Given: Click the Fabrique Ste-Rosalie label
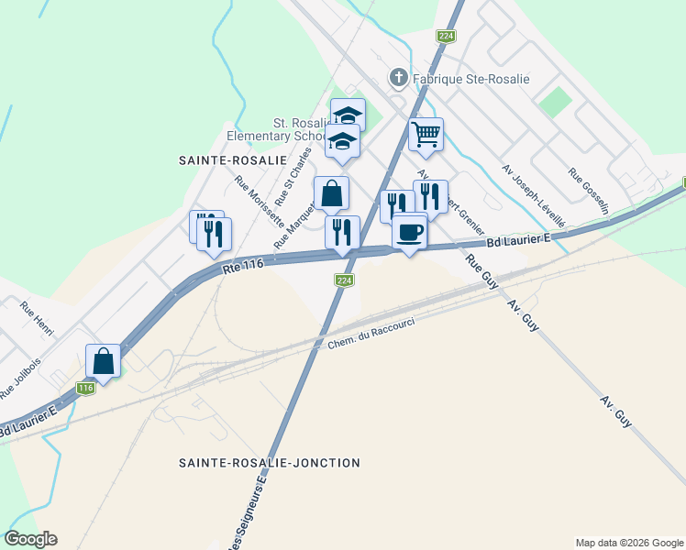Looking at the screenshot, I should point(471,79).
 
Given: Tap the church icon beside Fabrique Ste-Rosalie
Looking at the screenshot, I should point(398,78).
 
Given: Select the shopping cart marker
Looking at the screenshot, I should point(426,134).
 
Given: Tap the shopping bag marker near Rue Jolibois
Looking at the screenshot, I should point(103,360).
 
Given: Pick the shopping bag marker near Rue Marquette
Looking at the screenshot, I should point(331,193).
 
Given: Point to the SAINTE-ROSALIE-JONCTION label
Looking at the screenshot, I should point(270,463).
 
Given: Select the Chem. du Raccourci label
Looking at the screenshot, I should point(371,335).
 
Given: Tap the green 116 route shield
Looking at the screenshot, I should point(86,389).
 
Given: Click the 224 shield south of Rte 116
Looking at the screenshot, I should point(343,280).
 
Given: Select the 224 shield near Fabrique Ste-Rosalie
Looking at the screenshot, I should point(446,36).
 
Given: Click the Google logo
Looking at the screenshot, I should point(30,539).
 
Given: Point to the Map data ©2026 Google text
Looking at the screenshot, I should point(628,543).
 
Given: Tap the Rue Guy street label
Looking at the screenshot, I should point(481,272).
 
